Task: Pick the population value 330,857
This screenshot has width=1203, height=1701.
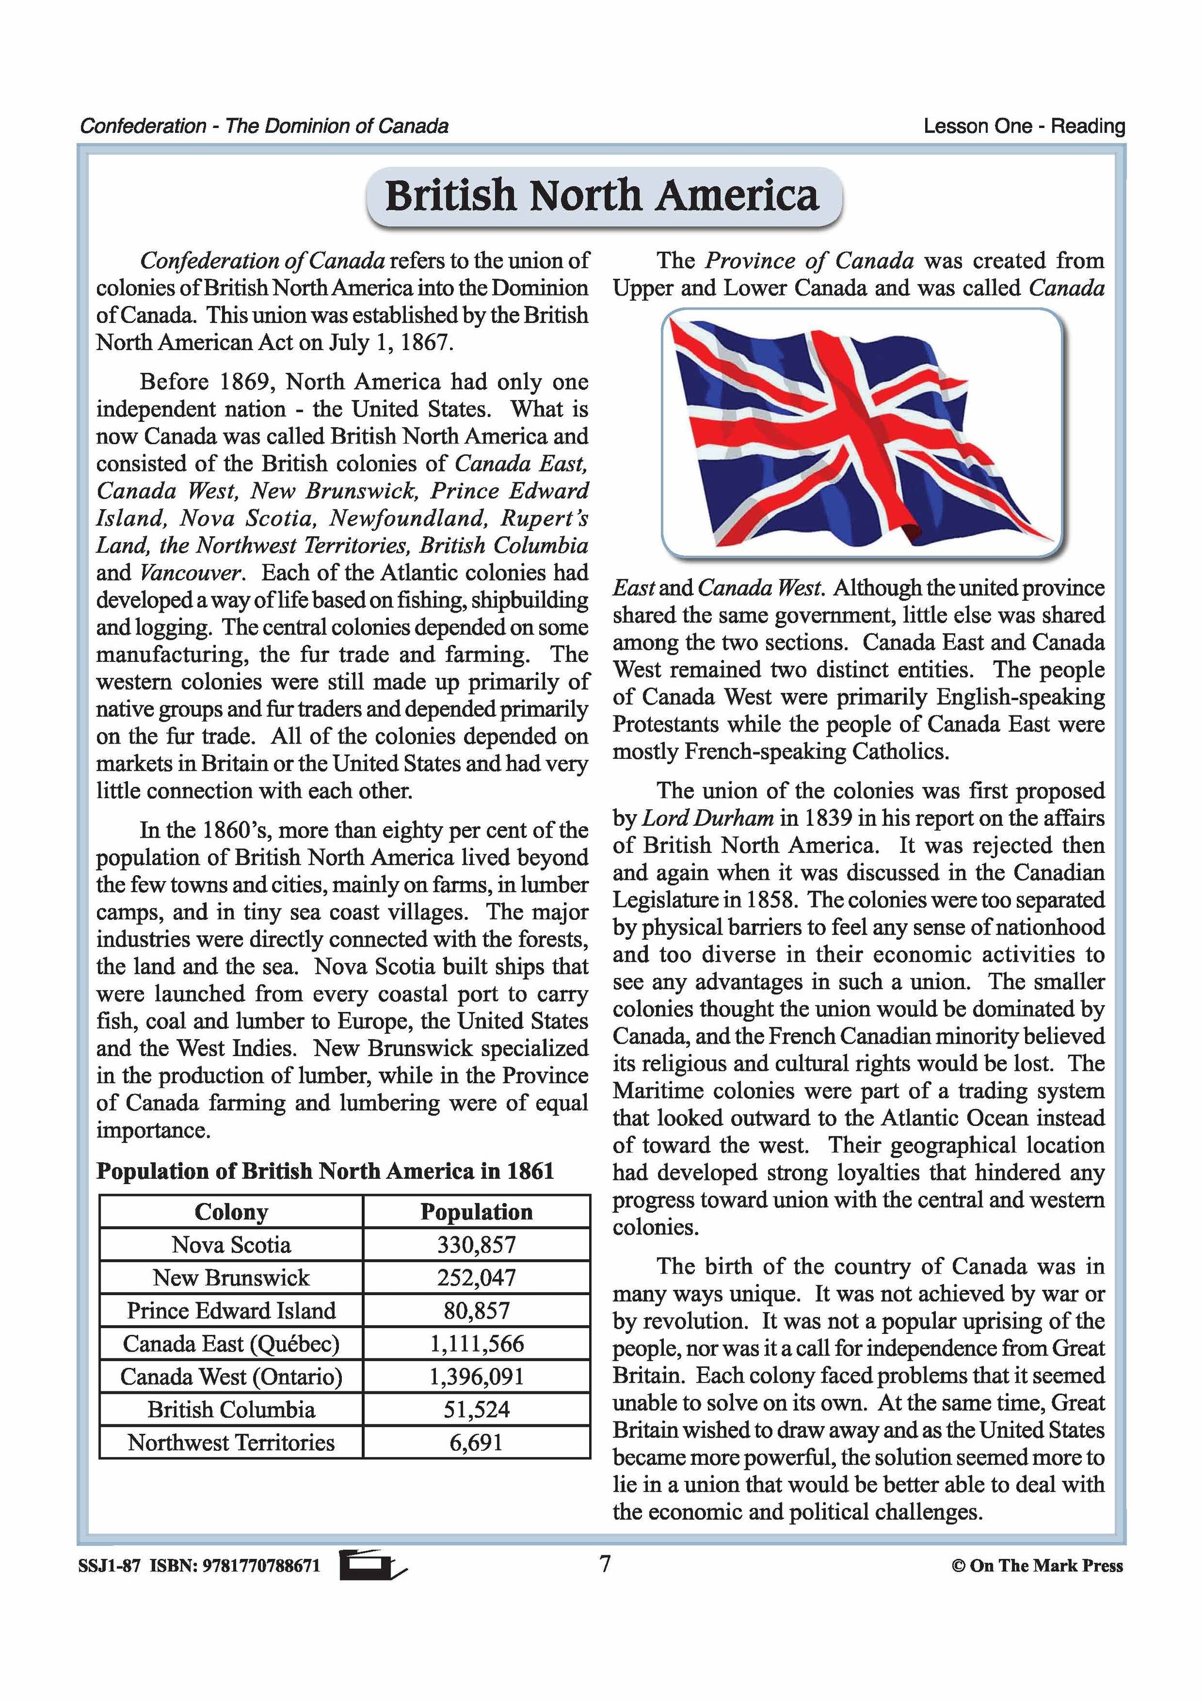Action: point(476,1245)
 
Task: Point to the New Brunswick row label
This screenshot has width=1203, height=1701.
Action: point(231,1278)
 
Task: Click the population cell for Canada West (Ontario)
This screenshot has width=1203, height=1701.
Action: point(476,1377)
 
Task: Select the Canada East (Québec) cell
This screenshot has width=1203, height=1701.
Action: point(231,1343)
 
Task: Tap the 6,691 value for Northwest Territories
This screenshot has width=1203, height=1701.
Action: point(476,1443)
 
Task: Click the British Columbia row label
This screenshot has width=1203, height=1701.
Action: point(231,1409)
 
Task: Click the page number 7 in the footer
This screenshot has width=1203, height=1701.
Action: point(604,1564)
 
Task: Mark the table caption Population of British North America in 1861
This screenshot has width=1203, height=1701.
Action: point(325,1171)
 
